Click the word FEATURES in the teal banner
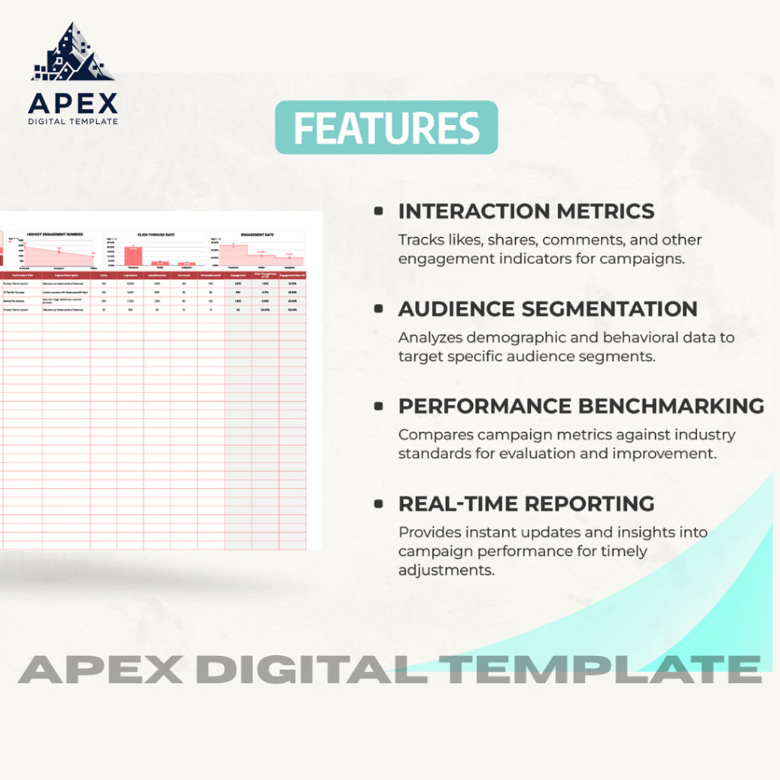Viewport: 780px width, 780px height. (x=386, y=128)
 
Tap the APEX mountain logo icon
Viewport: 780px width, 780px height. (x=72, y=53)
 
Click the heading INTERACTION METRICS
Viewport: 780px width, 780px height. (x=526, y=211)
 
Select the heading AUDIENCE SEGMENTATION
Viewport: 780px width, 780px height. (x=548, y=308)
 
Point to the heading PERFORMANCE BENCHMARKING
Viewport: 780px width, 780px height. (x=581, y=406)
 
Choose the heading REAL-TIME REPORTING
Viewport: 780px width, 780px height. (x=526, y=503)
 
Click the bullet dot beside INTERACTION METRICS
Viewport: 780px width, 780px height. (x=379, y=211)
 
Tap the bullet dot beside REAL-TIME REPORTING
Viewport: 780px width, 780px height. (x=379, y=503)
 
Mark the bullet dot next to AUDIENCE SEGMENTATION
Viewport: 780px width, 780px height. (x=379, y=308)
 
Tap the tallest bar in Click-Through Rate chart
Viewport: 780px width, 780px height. (x=133, y=255)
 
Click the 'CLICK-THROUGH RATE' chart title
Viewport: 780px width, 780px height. (x=156, y=235)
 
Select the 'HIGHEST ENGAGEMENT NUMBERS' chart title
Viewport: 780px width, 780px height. (x=55, y=235)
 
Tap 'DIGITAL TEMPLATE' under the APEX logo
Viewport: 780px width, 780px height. (x=73, y=121)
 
